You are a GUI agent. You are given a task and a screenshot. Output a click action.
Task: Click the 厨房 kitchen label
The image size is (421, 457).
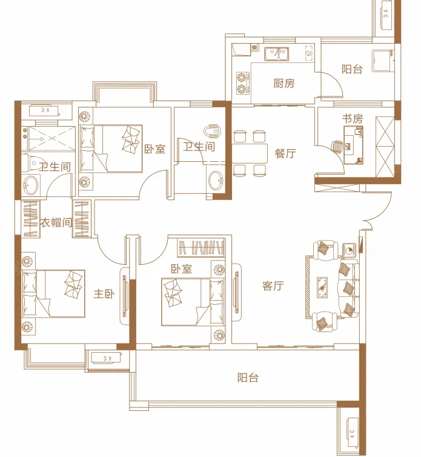(283, 84)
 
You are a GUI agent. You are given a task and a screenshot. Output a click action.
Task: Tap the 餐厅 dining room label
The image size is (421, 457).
(285, 153)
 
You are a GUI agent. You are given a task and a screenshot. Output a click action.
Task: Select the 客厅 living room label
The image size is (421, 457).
(273, 286)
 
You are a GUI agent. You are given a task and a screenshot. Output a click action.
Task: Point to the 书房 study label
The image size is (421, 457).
(352, 119)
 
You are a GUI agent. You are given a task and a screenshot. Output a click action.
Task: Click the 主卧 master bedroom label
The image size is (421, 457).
(104, 294)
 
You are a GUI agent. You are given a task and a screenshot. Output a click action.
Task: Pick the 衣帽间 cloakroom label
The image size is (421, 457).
(56, 223)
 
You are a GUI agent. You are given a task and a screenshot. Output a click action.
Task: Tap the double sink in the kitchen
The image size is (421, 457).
(276, 54)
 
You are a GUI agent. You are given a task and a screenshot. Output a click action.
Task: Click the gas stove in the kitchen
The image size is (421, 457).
(242, 83)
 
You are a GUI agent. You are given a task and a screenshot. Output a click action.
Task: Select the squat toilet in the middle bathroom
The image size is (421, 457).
(213, 131)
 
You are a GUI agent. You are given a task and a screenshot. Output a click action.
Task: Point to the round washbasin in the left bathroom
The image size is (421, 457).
(30, 185)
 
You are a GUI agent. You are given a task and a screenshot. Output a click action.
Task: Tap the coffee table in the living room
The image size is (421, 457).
(322, 287)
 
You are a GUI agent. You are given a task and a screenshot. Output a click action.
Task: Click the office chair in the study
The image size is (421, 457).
(337, 147)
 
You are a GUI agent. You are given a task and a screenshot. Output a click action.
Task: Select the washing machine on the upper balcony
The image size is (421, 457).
(382, 61)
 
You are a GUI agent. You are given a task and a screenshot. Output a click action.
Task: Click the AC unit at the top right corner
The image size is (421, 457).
(386, 14)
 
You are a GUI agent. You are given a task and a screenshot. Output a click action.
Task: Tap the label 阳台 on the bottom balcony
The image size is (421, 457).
(248, 378)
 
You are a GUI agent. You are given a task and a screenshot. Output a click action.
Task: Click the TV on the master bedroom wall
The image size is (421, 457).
(125, 296)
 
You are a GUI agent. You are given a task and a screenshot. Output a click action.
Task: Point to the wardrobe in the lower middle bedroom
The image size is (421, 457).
(201, 247)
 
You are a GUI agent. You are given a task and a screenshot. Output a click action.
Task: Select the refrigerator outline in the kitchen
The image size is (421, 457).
(310, 53)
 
